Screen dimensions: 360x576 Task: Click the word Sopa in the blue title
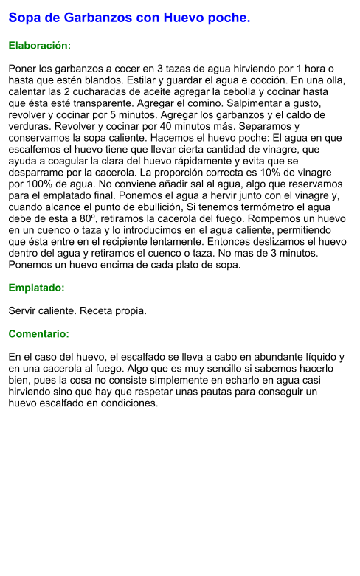click(x=24, y=17)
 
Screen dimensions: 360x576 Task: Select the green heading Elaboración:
click(x=39, y=46)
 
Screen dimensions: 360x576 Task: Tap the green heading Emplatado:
click(x=36, y=288)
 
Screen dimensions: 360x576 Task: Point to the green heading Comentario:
click(x=38, y=334)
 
